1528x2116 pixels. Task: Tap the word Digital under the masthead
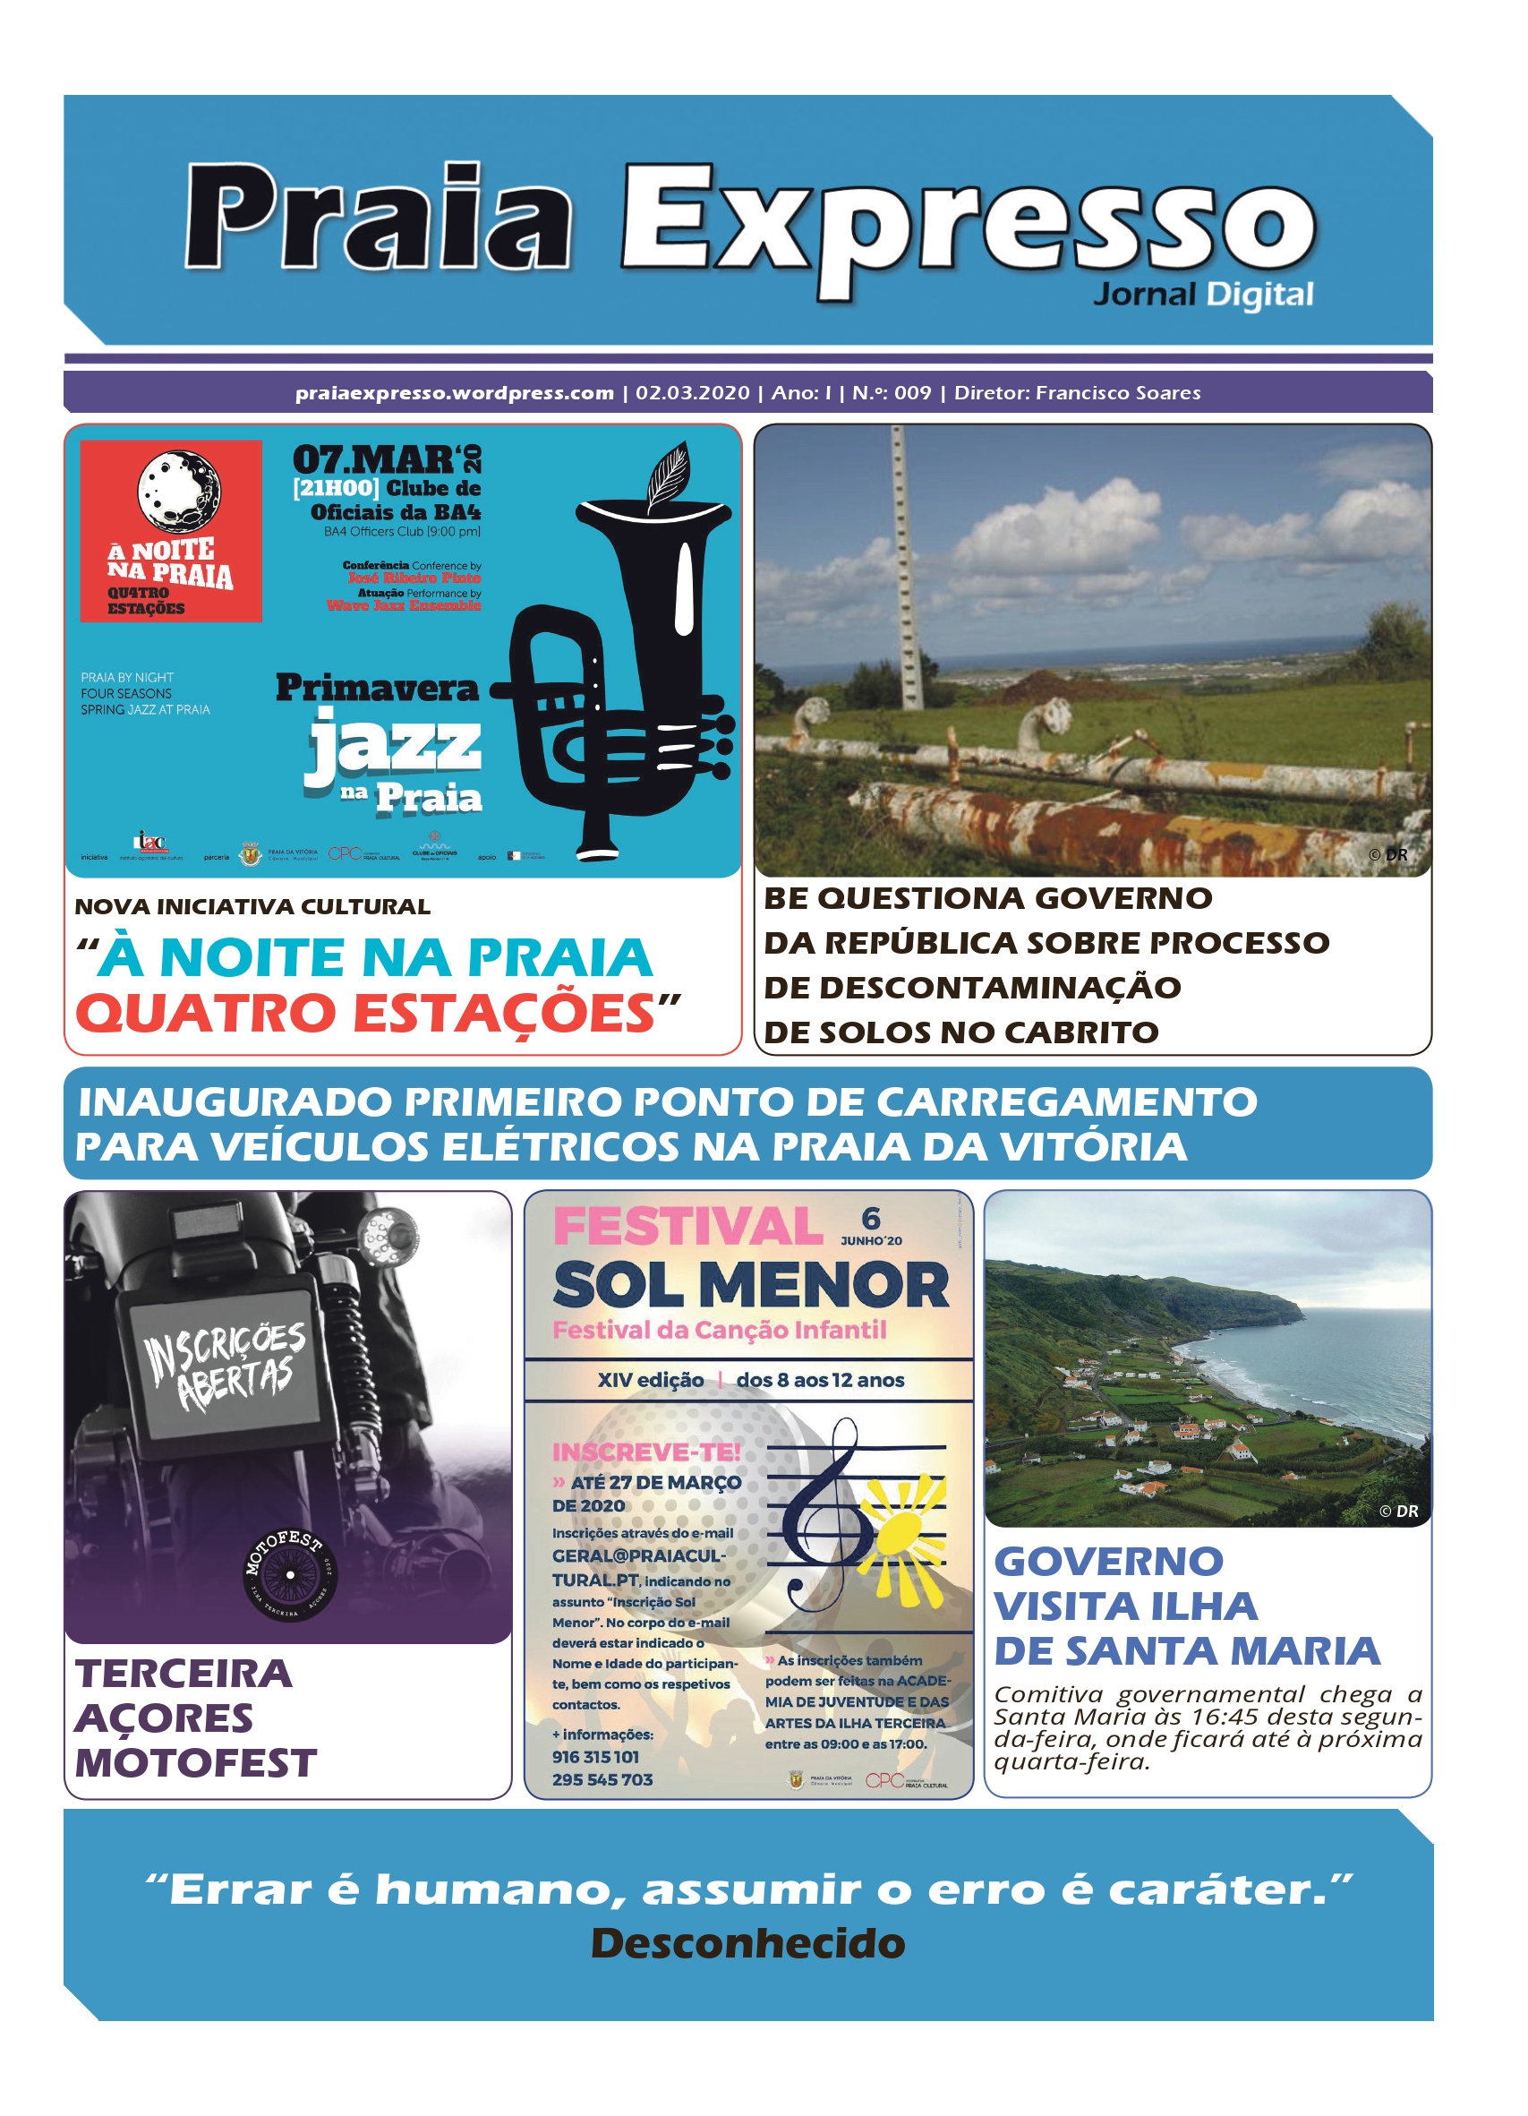(1259, 296)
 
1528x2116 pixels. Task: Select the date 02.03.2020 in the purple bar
(692, 393)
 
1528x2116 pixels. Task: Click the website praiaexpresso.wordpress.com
(455, 393)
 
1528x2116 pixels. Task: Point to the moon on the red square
(179, 490)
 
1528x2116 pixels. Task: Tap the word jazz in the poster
(393, 745)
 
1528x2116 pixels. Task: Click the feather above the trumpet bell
(667, 474)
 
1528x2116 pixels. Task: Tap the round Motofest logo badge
(289, 1575)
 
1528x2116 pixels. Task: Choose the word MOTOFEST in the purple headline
(196, 1763)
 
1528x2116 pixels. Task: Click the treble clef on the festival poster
(830, 1512)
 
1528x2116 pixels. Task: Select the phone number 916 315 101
(595, 1757)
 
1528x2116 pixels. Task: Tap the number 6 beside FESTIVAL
(870, 1219)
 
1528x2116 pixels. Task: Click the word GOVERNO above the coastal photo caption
(1108, 1562)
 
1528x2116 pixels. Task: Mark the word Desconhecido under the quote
(748, 1943)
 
